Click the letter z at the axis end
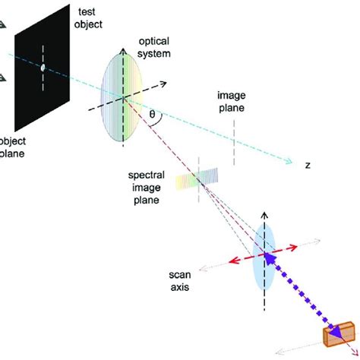(308, 164)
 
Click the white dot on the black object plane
(43, 68)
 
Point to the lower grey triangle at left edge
(3, 77)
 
